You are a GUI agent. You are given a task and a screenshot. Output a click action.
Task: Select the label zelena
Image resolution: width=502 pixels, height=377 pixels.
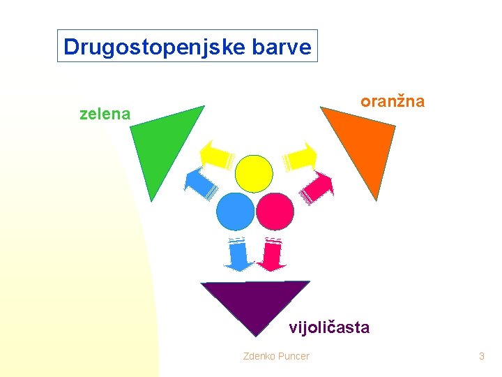105,114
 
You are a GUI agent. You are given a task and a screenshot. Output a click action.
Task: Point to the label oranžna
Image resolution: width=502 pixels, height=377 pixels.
392,101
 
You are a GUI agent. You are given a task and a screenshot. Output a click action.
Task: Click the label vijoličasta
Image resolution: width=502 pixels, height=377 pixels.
329,327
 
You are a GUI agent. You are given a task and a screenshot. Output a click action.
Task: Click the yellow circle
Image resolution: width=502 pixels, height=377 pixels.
253,173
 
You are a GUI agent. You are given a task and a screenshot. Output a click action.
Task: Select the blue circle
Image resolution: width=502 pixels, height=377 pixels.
235,211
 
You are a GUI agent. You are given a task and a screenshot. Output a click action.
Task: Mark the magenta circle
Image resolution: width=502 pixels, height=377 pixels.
275,211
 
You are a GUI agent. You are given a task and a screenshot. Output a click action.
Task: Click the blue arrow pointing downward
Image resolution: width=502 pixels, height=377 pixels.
238,255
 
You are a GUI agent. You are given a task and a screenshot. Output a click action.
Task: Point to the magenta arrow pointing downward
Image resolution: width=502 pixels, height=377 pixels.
272,255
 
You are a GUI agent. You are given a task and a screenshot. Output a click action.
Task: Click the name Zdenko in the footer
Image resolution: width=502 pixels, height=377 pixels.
259,357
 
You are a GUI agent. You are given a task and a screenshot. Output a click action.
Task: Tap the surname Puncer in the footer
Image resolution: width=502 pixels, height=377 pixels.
294,357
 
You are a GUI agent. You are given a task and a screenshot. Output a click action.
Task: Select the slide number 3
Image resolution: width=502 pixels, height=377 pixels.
481,357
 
